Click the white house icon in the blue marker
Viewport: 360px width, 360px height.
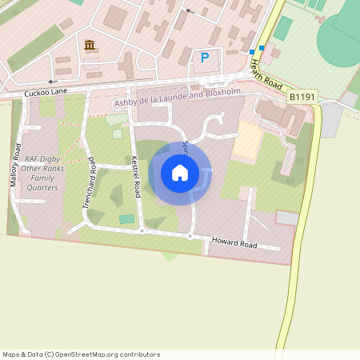180,173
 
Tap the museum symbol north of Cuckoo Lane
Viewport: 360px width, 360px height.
88,44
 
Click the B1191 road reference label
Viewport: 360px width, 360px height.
301,96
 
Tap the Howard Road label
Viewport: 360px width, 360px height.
234,242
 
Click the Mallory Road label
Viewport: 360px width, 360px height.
14,165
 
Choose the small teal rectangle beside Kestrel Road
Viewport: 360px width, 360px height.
127,218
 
